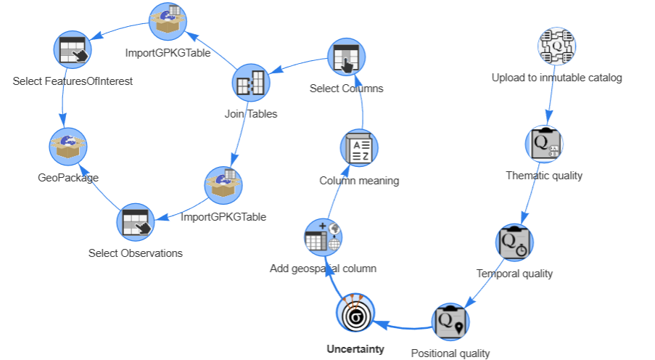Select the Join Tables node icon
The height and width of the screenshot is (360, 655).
click(x=251, y=83)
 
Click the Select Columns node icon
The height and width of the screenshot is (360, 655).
click(x=346, y=57)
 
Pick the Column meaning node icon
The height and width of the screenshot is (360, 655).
click(x=359, y=149)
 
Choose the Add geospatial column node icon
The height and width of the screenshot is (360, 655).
click(x=323, y=237)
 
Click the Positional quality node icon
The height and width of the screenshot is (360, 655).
click(x=450, y=322)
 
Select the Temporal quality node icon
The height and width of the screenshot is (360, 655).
click(x=515, y=242)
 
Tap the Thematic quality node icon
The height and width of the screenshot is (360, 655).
click(x=544, y=144)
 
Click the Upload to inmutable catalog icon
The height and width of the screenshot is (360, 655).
click(x=556, y=46)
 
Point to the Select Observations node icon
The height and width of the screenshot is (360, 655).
click(x=136, y=221)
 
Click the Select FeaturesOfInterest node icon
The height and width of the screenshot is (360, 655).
click(x=73, y=49)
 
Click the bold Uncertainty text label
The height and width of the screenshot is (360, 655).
click(x=355, y=349)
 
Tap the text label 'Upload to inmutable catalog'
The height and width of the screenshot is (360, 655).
click(x=556, y=78)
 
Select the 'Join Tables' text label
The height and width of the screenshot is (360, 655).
click(x=251, y=114)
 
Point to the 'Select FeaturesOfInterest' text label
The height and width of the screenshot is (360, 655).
click(x=73, y=81)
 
